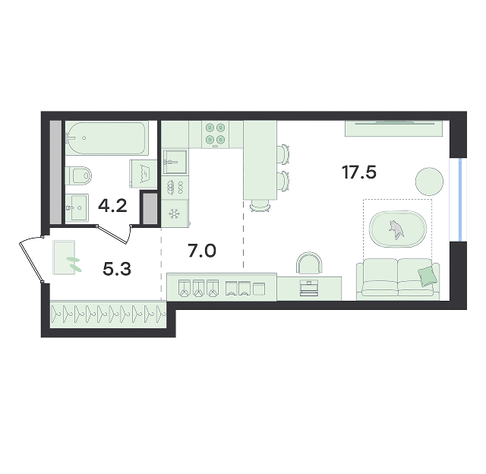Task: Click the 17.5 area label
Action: coord(359,172)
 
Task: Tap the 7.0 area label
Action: coord(202,251)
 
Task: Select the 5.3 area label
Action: coord(117,269)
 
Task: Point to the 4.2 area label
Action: coord(112,206)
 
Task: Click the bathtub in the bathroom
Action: coord(105,138)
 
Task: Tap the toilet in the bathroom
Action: coord(79,175)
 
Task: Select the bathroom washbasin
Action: coord(77,207)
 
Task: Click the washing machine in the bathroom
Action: coord(144,174)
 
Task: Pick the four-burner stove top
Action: coord(216,134)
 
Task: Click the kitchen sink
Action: coord(175,162)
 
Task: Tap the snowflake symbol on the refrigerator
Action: coord(174,213)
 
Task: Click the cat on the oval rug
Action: coord(396,229)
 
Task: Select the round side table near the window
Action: coord(429,182)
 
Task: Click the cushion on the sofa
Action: coord(428,276)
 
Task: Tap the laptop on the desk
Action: coord(308,289)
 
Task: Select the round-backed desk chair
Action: coord(309,263)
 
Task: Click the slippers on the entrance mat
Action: coord(74,264)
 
